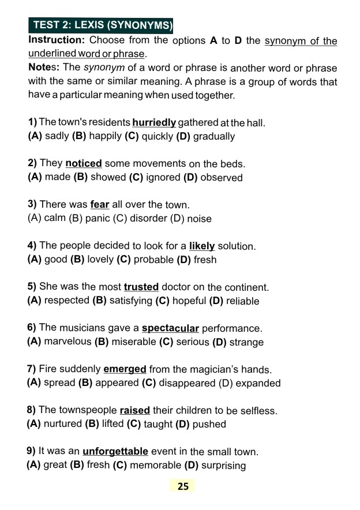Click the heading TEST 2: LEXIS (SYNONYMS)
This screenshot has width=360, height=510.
tap(101, 25)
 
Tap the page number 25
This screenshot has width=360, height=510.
tap(183, 486)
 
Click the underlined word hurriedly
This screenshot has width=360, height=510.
tap(154, 123)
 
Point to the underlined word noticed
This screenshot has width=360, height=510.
tap(84, 164)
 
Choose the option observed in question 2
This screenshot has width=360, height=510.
tap(222, 178)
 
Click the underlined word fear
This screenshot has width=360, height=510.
tap(100, 205)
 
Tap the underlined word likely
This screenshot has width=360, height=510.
tap(202, 246)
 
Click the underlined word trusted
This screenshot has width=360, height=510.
tap(141, 287)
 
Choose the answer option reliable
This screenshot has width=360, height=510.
tap(242, 301)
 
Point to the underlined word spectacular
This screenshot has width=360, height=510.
tap(170, 328)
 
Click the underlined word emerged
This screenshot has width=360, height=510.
tap(125, 369)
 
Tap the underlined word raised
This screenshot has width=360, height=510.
tap(135, 410)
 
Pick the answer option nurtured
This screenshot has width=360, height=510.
tap(63, 424)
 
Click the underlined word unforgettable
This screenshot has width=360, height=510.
tap(115, 451)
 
